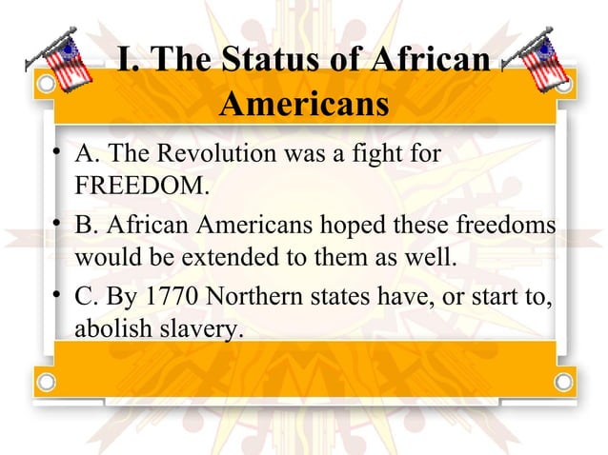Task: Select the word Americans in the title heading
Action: pyautogui.click(x=303, y=104)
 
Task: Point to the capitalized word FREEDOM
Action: pyautogui.click(x=139, y=185)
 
